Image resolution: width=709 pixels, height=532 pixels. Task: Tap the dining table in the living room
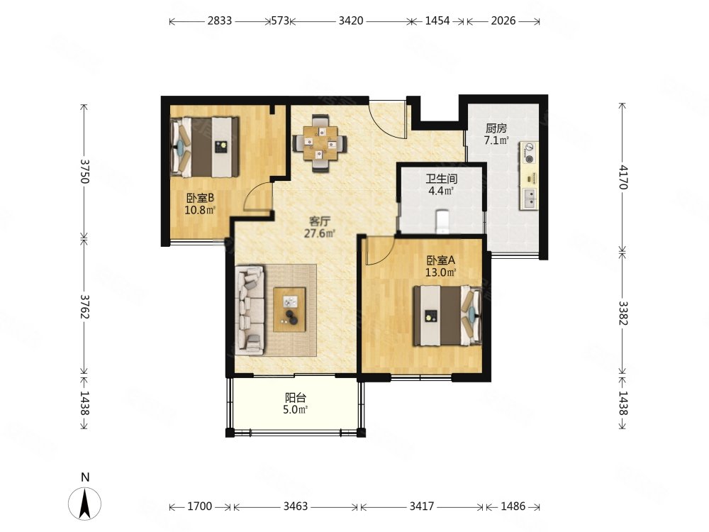pyautogui.click(x=320, y=143)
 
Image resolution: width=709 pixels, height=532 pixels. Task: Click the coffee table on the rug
pyautogui.click(x=289, y=309)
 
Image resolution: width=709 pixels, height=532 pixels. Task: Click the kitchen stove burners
pyautogui.click(x=529, y=153)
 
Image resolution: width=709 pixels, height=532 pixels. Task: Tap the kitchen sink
pyautogui.click(x=529, y=198)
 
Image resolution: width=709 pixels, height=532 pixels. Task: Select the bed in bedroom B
pyautogui.click(x=205, y=147)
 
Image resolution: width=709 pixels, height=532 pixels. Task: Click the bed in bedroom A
pyautogui.click(x=447, y=316)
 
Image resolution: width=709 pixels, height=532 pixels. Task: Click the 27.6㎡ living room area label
pyautogui.click(x=320, y=234)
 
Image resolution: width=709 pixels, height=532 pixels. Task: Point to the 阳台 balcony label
pyautogui.click(x=296, y=398)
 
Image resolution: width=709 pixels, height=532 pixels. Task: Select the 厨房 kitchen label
pyautogui.click(x=496, y=128)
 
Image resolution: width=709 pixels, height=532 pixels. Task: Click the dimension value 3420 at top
pyautogui.click(x=351, y=21)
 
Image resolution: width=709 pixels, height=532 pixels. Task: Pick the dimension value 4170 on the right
pyautogui.click(x=623, y=177)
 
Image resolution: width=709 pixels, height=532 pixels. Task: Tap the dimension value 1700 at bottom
pyautogui.click(x=199, y=506)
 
